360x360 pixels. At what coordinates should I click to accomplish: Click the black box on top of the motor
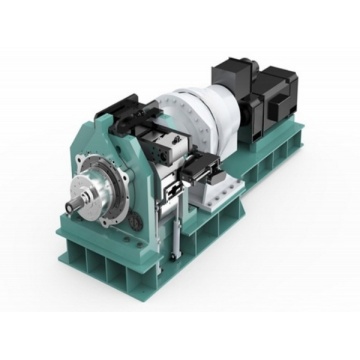(x=232, y=72)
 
